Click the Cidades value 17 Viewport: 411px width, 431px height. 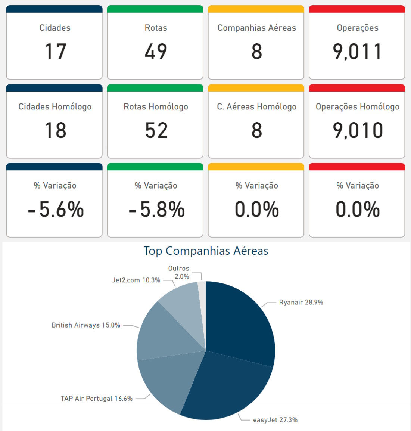(x=55, y=52)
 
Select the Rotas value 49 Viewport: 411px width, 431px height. (x=156, y=52)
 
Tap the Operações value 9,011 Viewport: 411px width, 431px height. (x=357, y=52)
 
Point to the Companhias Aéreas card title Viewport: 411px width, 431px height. (x=256, y=28)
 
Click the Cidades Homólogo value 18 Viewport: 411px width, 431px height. (x=55, y=131)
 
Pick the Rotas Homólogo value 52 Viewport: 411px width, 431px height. (x=156, y=131)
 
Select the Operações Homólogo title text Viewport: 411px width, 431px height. (x=357, y=107)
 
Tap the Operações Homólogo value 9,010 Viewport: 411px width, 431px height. (x=358, y=131)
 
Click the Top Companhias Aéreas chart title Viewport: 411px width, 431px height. (x=206, y=251)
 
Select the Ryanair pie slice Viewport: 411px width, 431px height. (x=239, y=321)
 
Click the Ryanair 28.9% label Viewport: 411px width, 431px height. (x=301, y=302)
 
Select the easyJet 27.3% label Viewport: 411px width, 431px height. (x=275, y=420)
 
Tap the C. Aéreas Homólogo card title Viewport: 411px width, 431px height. (x=256, y=107)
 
